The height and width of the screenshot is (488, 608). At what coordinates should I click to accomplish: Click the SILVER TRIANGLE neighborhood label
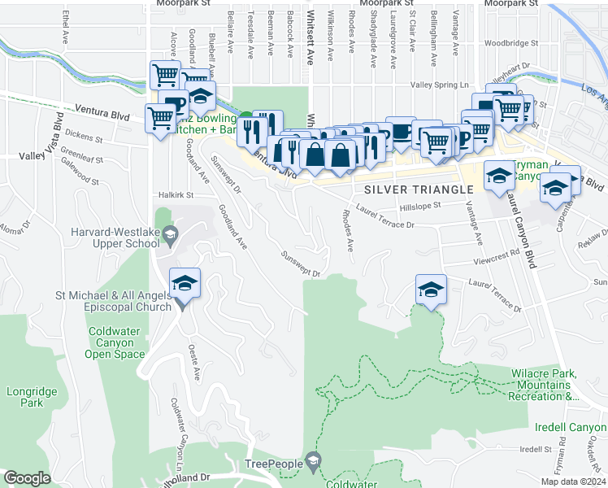point(419,190)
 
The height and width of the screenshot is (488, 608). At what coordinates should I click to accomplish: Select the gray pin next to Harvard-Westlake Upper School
point(170,237)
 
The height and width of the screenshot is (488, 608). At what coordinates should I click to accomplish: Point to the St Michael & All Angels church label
point(114,300)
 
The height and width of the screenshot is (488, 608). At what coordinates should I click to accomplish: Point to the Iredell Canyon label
point(571,427)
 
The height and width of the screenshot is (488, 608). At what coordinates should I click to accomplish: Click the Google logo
point(27,478)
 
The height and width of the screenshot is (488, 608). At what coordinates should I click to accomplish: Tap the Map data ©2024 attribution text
point(573,481)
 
